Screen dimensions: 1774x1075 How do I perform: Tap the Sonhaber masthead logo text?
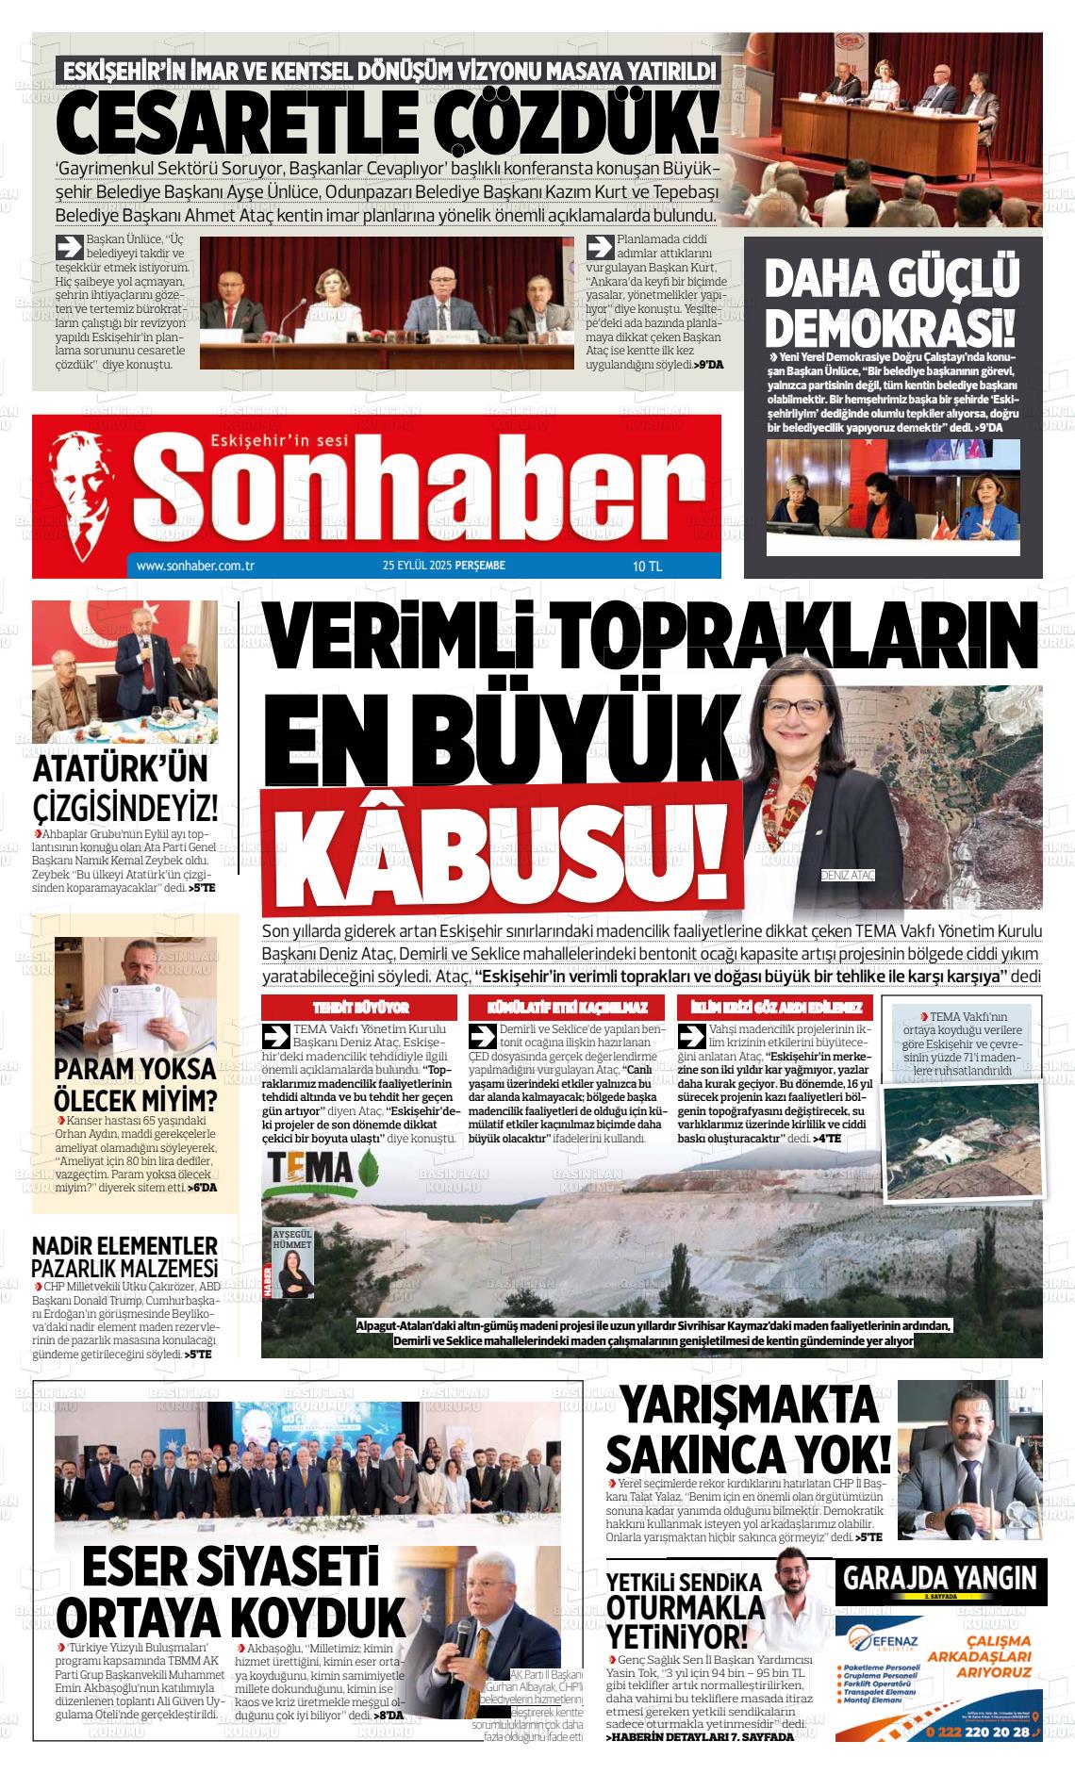click(x=416, y=487)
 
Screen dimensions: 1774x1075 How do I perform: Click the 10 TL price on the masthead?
click(x=648, y=567)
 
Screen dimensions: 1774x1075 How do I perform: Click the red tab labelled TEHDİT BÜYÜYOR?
click(x=360, y=1008)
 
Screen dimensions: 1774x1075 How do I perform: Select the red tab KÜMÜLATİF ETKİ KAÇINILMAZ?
click(x=567, y=1008)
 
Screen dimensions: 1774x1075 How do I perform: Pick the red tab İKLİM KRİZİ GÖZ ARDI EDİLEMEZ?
click(x=776, y=1008)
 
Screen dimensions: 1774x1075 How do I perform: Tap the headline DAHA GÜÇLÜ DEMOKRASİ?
click(x=892, y=302)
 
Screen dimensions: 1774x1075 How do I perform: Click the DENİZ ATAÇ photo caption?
click(x=848, y=874)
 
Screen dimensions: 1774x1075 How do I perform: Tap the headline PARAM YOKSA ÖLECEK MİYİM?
click(x=134, y=1085)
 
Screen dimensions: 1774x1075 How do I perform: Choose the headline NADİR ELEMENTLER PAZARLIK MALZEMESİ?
click(x=124, y=1257)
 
